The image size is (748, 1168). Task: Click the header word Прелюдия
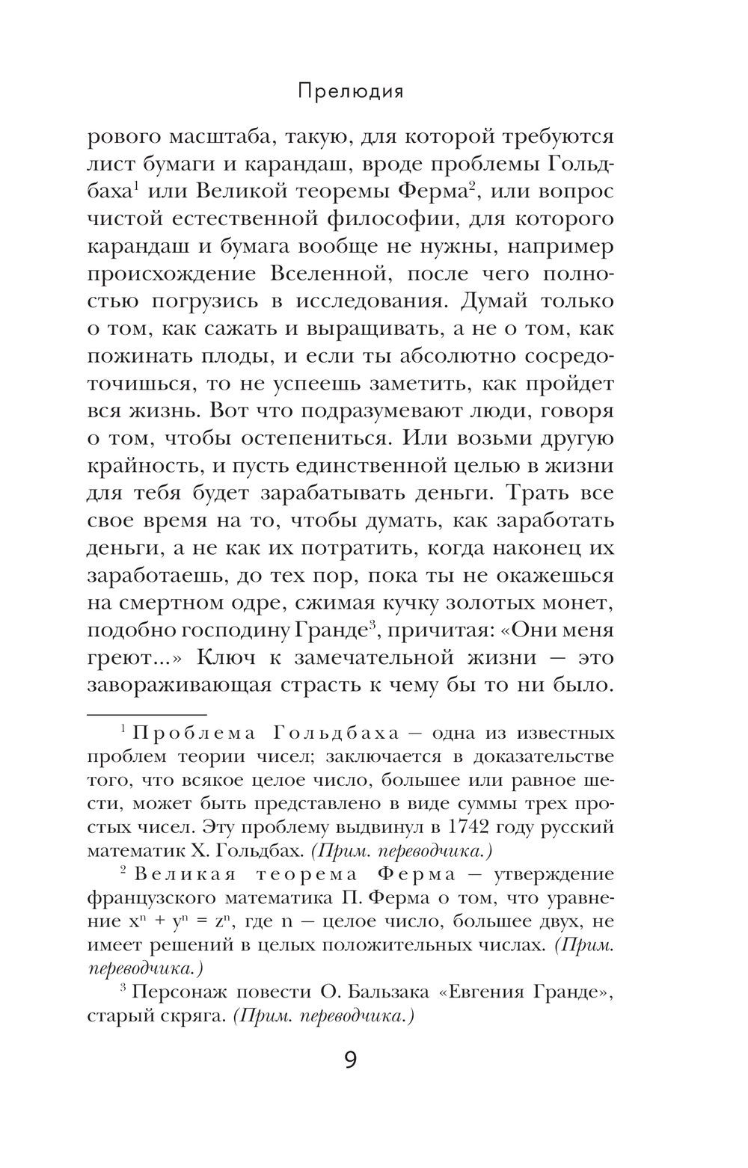coord(350,91)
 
